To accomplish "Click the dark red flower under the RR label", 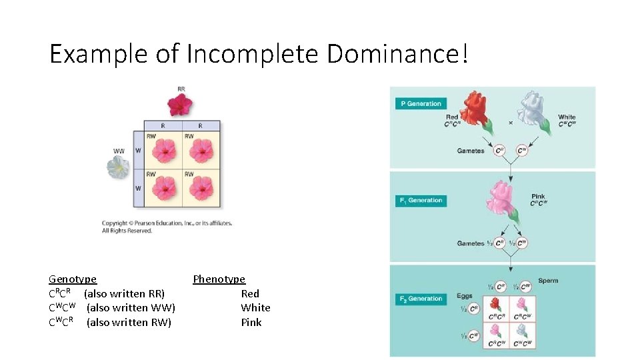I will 179,104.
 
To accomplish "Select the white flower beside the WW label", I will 119,167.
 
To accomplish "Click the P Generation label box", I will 421,104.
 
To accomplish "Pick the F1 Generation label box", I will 421,201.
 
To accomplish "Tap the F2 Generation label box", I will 421,299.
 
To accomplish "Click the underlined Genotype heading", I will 73,279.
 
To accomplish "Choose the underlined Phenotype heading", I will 219,279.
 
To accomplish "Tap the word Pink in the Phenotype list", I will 251,323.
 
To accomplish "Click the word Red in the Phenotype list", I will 250,294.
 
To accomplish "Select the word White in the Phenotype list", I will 255,308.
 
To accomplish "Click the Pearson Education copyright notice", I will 167,227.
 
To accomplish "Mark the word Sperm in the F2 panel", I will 547,281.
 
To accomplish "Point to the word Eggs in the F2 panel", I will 465,296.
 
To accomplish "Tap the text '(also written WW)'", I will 131,308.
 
